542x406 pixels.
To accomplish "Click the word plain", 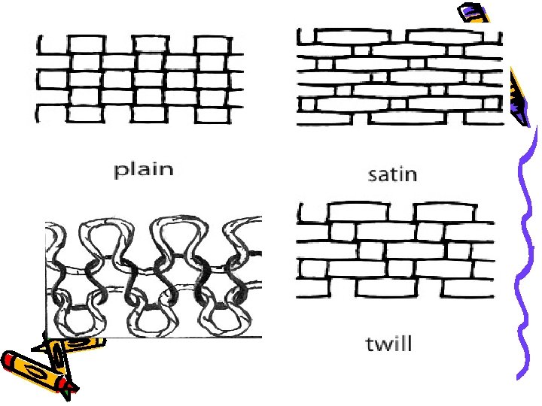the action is point(143,169).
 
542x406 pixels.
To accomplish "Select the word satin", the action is point(391,174).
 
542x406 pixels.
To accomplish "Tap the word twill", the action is point(388,344).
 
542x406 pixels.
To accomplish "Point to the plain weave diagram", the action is point(141,78).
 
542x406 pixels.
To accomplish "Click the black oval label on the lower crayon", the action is point(34,373).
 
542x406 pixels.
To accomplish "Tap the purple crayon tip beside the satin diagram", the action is point(520,98).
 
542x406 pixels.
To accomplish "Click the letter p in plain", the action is point(120,171).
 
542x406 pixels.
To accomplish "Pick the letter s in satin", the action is point(373,176).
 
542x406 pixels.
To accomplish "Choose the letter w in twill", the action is point(384,346).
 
